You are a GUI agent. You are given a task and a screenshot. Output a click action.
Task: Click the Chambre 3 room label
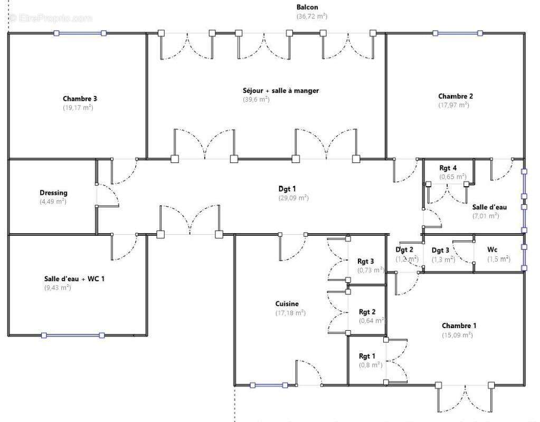tap(80, 99)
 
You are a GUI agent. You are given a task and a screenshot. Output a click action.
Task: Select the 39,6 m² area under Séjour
tap(256, 100)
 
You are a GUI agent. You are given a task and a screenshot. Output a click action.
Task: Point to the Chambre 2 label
tap(455, 96)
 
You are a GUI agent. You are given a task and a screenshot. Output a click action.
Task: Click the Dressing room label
tap(53, 193)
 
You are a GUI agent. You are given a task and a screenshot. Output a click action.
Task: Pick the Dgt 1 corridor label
tap(288, 189)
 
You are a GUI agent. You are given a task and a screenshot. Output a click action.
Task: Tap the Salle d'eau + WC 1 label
tap(74, 279)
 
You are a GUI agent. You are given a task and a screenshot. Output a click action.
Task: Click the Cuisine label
tap(287, 304)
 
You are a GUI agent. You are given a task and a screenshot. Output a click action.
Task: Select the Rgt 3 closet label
tap(366, 261)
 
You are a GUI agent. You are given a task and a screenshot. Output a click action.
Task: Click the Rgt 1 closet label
tap(367, 356)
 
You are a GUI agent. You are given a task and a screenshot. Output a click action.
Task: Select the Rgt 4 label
tap(448, 168)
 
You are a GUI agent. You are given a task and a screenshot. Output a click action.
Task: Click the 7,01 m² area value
tap(486, 216)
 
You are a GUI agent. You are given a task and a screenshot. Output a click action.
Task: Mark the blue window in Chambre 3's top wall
tap(80, 33)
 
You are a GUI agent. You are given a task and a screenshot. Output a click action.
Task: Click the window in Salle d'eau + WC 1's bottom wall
tap(73, 335)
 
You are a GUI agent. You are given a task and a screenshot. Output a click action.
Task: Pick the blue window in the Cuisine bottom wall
tap(269, 385)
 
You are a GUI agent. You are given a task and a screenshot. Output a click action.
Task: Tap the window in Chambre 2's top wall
tap(457, 33)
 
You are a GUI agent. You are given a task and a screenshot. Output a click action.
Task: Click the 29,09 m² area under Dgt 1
tap(293, 198)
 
